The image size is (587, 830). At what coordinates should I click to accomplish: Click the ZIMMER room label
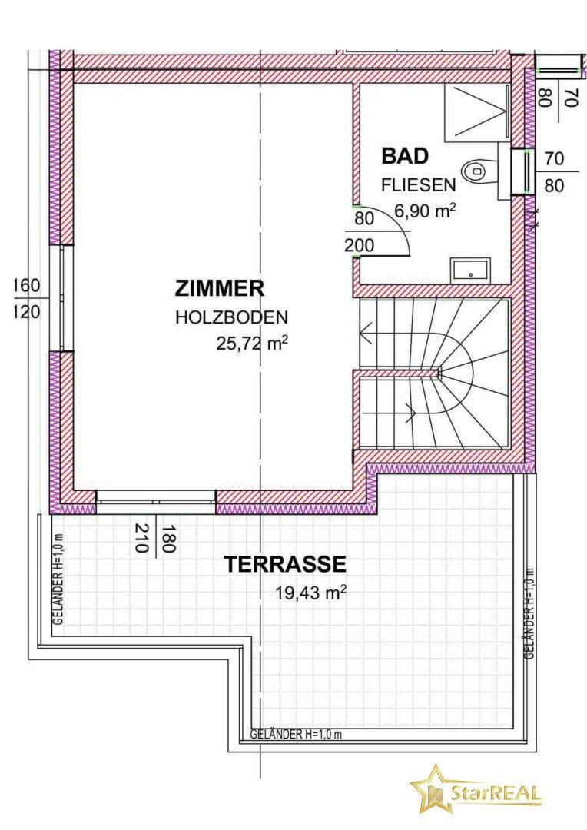click(219, 289)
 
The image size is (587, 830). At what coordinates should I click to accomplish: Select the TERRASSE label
click(285, 564)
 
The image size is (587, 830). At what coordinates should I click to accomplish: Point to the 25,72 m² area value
click(252, 344)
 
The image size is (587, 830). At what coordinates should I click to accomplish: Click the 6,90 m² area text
click(426, 211)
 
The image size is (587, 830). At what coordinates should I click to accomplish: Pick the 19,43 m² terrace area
click(310, 593)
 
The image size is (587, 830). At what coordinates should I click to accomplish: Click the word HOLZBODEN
click(232, 317)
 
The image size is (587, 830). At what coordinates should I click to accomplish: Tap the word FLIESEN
click(419, 184)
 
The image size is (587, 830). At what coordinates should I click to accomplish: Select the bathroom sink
click(470, 270)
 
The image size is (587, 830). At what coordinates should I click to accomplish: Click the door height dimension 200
click(360, 246)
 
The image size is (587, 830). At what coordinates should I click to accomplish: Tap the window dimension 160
click(26, 286)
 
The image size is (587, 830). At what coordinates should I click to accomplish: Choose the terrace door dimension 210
click(141, 538)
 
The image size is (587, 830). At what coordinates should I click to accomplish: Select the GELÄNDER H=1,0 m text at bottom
click(296, 735)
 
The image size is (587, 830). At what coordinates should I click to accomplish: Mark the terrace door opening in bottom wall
click(156, 502)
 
